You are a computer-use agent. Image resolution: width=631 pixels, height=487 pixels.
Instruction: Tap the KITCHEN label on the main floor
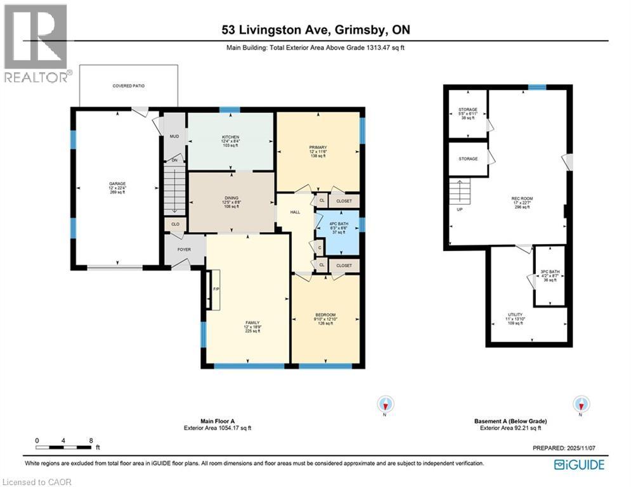(x=229, y=137)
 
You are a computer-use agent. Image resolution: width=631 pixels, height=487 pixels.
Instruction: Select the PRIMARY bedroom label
(x=318, y=147)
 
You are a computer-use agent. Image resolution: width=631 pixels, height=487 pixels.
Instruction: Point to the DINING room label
(x=231, y=197)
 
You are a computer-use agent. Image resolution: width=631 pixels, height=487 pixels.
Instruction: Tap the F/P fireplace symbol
(x=215, y=290)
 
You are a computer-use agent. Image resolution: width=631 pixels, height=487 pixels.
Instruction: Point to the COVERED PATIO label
(x=129, y=86)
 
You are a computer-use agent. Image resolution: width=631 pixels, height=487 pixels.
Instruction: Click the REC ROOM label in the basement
(x=522, y=198)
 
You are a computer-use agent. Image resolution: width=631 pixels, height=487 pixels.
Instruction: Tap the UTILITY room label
(x=515, y=315)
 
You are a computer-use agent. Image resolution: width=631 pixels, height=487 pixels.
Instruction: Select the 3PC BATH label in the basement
(x=549, y=273)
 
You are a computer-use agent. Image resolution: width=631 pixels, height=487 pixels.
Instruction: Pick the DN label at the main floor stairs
(x=174, y=160)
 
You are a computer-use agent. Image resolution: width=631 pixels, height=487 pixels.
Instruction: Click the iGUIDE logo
(x=579, y=464)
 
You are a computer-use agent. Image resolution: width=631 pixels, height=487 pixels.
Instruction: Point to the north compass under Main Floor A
(x=385, y=404)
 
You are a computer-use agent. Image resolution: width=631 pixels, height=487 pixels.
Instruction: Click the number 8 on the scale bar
(x=91, y=439)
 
